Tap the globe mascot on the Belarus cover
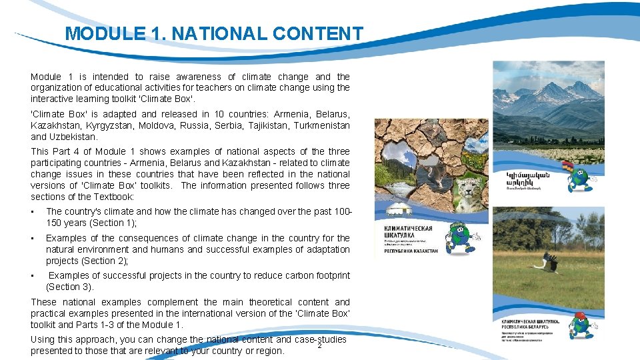pyautogui.click(x=581, y=326)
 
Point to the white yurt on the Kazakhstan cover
pyautogui.click(x=391, y=212)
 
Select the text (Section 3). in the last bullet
pyautogui.click(x=70, y=287)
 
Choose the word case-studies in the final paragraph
pyautogui.click(x=321, y=340)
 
